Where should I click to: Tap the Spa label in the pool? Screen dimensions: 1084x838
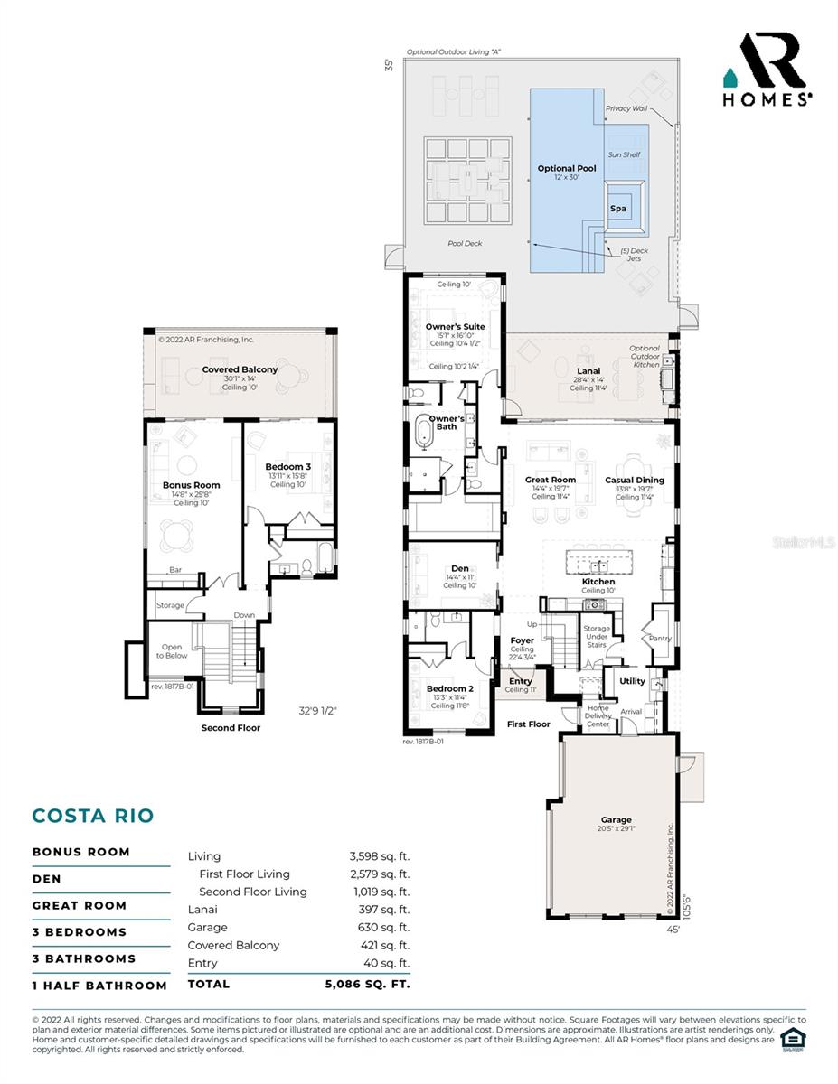(x=617, y=209)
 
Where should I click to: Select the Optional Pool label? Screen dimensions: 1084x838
(x=567, y=169)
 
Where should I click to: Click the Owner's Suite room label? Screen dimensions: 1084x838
(x=455, y=326)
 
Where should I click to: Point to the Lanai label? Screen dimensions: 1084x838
(x=588, y=370)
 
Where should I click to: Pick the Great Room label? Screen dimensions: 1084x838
(x=550, y=480)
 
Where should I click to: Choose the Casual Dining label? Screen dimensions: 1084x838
(x=634, y=480)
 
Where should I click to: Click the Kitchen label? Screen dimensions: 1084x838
(x=598, y=581)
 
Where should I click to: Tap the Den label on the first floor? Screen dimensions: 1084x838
(x=460, y=568)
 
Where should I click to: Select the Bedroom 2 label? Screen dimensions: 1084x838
(x=449, y=688)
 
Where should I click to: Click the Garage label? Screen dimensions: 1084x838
(x=617, y=819)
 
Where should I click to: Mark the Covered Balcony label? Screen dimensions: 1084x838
(x=240, y=369)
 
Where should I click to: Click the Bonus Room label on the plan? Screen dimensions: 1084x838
(x=192, y=485)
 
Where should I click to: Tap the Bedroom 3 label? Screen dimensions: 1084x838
(x=287, y=467)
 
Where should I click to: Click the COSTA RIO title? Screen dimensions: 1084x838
(x=93, y=816)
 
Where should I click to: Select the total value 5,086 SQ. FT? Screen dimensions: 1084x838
(x=367, y=984)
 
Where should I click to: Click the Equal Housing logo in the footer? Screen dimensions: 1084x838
(x=793, y=1038)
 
